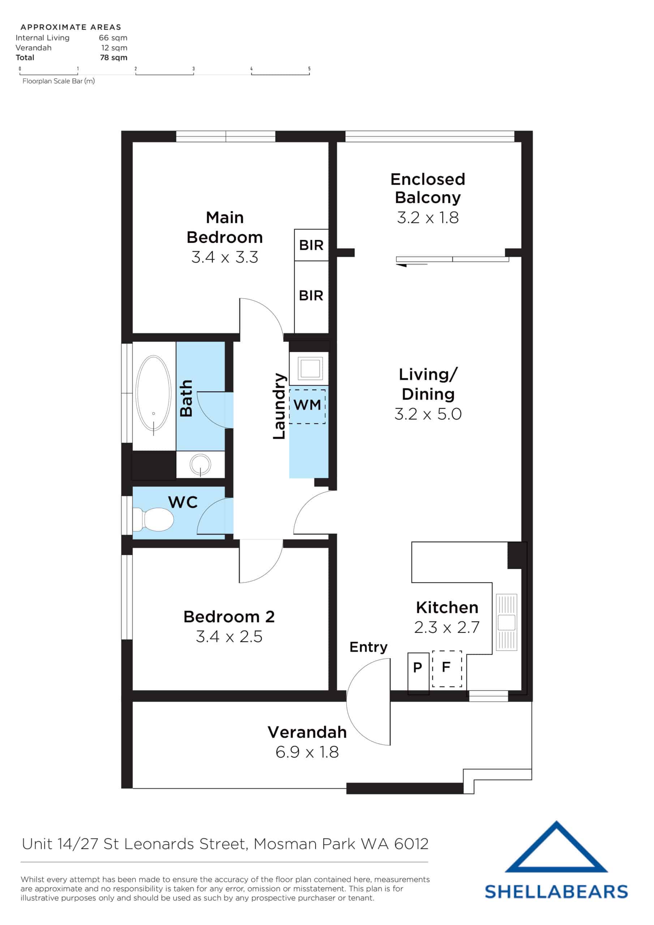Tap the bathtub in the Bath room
pos(153,394)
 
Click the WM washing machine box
pos(307,405)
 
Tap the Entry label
pos(368,647)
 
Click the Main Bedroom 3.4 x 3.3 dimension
pos(224,257)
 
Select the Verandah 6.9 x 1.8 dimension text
pos(307,752)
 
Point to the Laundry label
pos(279,406)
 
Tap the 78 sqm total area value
pos(113,57)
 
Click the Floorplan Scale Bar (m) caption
pos(59,81)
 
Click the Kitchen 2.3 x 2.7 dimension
pos(447,627)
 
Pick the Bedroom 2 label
pos(229,617)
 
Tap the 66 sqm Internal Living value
pos(113,38)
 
